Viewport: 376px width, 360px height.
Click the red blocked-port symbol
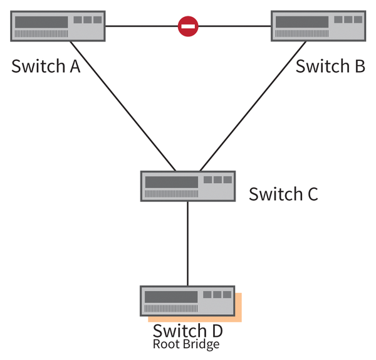click(188, 26)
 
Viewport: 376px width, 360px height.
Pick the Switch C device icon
click(188, 186)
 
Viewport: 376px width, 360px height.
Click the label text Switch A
click(46, 66)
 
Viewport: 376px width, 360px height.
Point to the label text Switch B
click(330, 66)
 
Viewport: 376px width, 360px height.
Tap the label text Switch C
click(283, 194)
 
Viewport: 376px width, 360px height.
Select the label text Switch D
click(187, 331)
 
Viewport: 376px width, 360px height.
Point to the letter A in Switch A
click(74, 66)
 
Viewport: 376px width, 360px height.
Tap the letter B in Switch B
click(359, 66)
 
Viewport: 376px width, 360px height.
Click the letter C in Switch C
click(311, 194)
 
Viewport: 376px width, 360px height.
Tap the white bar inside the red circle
click(188, 26)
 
